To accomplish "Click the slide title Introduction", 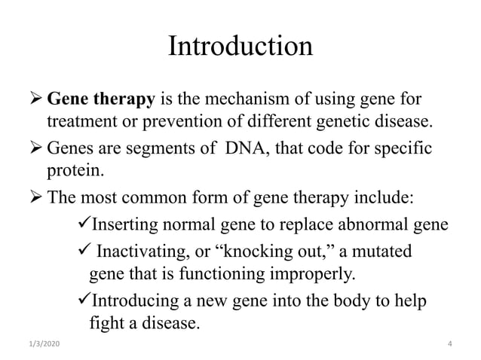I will pyautogui.click(x=240, y=47).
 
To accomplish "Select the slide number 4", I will pyautogui.click(x=449, y=344).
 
